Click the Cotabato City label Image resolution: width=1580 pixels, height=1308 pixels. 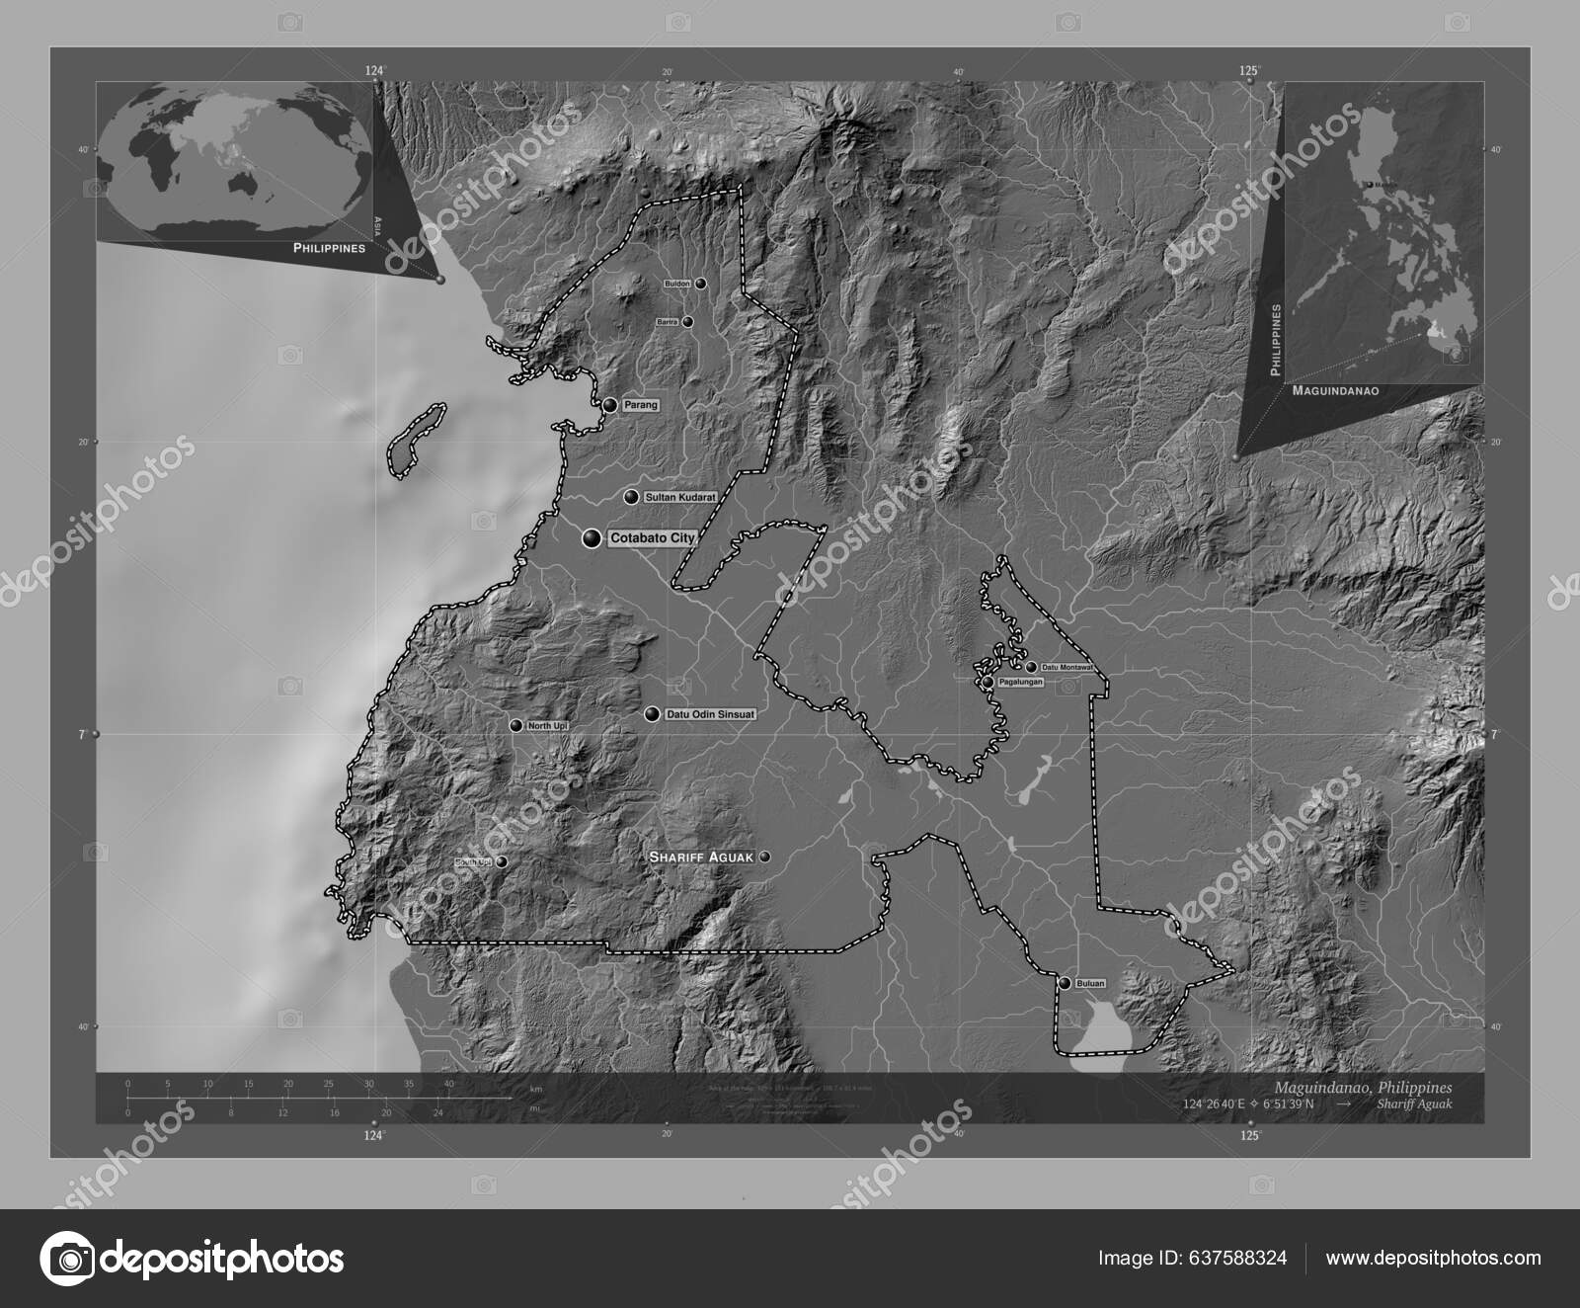click(x=652, y=538)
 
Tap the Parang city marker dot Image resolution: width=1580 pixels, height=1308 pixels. click(x=610, y=405)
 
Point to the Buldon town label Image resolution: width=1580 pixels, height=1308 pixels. click(x=677, y=284)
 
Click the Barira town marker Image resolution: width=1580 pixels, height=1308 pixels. click(x=688, y=322)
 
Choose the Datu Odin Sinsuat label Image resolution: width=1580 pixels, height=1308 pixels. click(x=710, y=713)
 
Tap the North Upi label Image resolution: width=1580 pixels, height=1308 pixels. click(x=546, y=726)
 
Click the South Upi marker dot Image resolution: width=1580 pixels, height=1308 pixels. click(x=502, y=861)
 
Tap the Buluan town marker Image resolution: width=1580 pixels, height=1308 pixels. click(x=1065, y=983)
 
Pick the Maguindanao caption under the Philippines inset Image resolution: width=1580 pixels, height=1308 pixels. click(x=1334, y=391)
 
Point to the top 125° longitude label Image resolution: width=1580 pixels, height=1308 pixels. click(x=1250, y=69)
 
